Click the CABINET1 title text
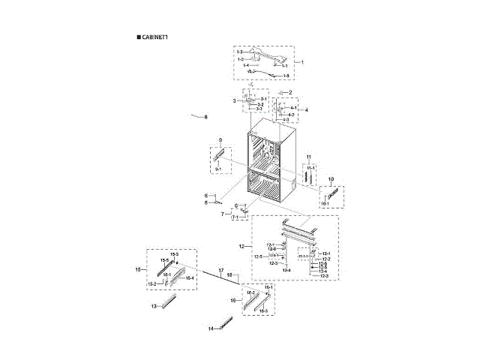(x=154, y=37)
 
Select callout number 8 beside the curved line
(x=205, y=117)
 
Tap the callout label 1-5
(x=285, y=76)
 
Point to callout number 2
(x=290, y=92)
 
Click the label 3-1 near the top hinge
(x=262, y=99)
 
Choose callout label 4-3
(x=285, y=120)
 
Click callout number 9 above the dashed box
(x=221, y=141)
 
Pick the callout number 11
(x=308, y=156)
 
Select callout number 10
(x=331, y=178)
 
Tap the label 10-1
(x=326, y=203)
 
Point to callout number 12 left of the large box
(x=241, y=246)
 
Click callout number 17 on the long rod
(x=221, y=269)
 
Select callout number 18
(x=229, y=275)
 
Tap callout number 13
(x=153, y=307)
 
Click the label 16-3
(x=264, y=310)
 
